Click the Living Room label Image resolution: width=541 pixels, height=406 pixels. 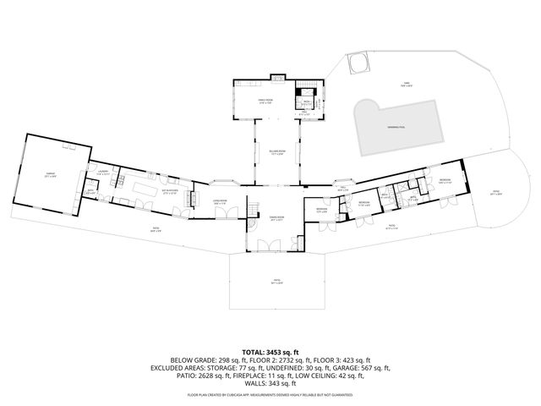[x=219, y=202]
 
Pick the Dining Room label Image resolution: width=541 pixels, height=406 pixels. [x=276, y=217]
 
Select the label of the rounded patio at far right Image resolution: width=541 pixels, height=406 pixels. [x=497, y=193]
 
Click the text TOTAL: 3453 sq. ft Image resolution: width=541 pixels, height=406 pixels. [x=270, y=350]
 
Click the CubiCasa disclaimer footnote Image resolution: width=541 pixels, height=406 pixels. [x=270, y=395]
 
